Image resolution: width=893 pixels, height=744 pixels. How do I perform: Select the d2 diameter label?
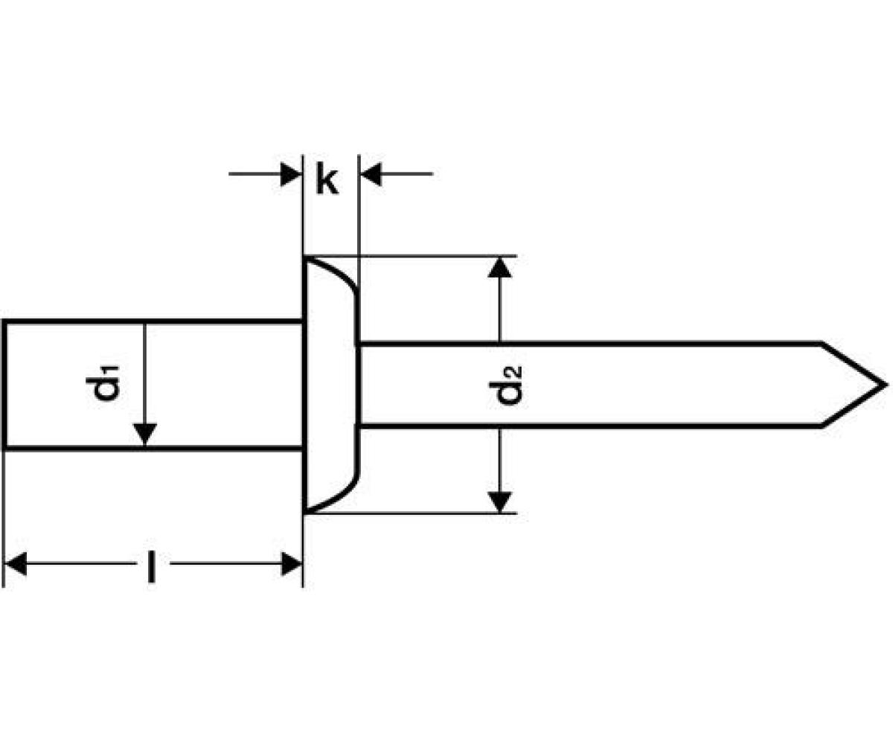tap(508, 384)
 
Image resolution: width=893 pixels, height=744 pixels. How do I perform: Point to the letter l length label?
tap(152, 566)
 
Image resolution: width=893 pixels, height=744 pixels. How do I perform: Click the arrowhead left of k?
tap(290, 175)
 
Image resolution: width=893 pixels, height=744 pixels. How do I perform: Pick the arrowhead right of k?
tap(371, 175)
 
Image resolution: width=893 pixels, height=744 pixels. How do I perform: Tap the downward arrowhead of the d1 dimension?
tap(145, 434)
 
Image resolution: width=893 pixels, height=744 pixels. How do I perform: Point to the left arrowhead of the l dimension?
tap(16, 564)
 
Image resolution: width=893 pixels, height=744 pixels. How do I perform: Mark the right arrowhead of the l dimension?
tap(291, 564)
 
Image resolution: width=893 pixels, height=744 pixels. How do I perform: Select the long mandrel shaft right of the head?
tap(633, 385)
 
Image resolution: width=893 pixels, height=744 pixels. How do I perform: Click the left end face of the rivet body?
tap(4, 385)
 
